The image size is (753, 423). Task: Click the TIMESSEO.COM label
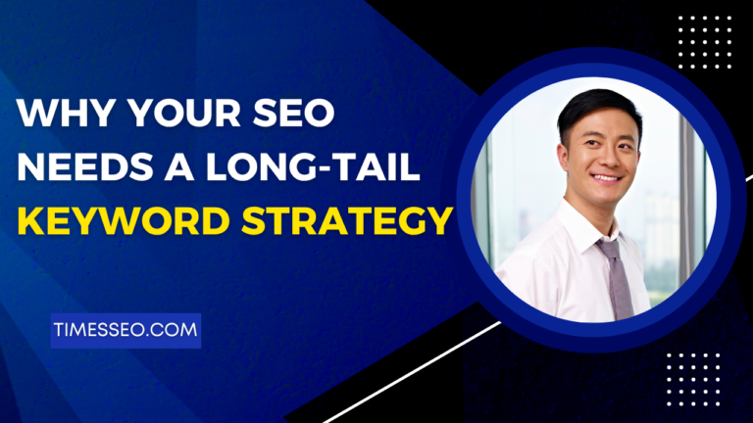[x=125, y=331]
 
